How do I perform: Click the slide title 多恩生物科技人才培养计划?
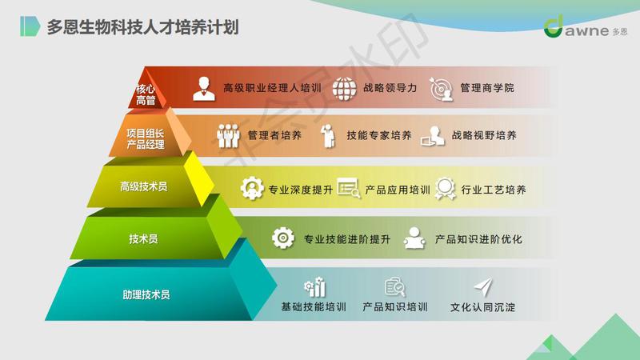142,27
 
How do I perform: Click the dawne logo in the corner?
586,27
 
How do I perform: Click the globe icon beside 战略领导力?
344,89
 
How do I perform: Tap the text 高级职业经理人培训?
272,88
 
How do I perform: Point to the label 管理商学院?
487,88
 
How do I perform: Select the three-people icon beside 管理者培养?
228,135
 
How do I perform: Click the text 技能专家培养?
379,135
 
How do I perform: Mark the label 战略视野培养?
484,135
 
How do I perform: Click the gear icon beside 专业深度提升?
252,188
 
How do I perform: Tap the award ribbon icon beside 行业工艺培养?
445,189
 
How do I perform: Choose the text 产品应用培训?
398,190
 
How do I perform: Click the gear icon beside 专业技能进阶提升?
283,238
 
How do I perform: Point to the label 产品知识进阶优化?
478,239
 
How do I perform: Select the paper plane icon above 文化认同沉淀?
483,287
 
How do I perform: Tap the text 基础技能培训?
314,307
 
